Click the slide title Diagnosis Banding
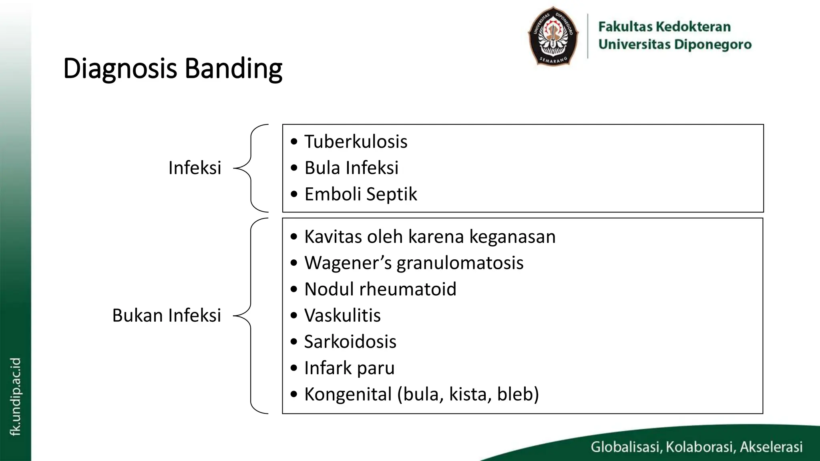(x=173, y=68)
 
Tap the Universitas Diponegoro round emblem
(x=553, y=36)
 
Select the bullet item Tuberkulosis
(x=356, y=142)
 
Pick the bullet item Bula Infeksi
(x=351, y=168)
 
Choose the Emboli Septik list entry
(x=360, y=194)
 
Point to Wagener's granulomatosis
(x=414, y=263)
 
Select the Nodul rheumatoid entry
(x=380, y=289)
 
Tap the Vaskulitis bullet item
(x=342, y=315)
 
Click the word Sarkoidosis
(x=350, y=342)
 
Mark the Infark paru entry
(x=349, y=368)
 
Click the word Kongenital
(x=348, y=394)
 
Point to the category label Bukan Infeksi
(x=167, y=315)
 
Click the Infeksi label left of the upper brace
(x=195, y=168)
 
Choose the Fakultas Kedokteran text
(x=664, y=27)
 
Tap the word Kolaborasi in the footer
(x=700, y=447)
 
